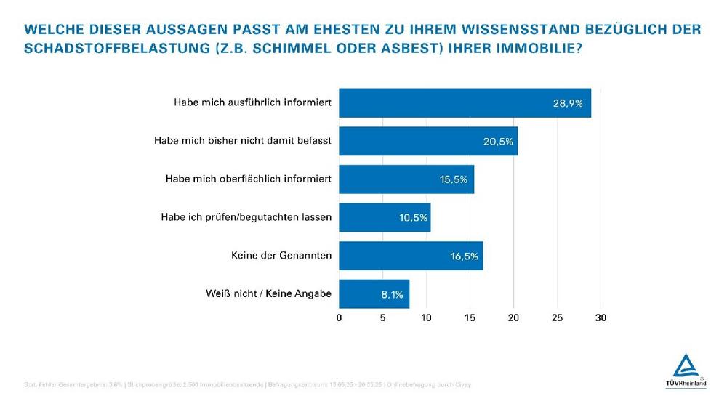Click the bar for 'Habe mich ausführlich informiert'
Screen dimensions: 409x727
tap(465, 103)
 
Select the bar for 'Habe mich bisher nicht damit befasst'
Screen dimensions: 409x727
tap(428, 141)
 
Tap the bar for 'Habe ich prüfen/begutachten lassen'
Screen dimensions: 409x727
tap(385, 217)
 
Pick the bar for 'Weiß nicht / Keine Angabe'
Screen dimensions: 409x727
tap(374, 293)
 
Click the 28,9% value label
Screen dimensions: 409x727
tap(567, 103)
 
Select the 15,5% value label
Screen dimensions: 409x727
tap(454, 179)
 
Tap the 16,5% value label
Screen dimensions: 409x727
tap(462, 256)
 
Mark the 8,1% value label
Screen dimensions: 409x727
tap(391, 293)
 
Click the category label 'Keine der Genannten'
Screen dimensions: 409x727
tap(281, 256)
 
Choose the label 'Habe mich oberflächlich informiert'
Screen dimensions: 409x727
tap(249, 179)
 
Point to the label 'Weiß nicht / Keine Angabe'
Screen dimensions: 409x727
tap(269, 293)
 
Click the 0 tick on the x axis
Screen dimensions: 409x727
tap(340, 317)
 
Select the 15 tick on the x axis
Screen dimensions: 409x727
tap(470, 317)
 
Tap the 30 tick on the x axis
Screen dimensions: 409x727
tap(601, 317)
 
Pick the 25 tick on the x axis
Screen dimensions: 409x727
tap(557, 317)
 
